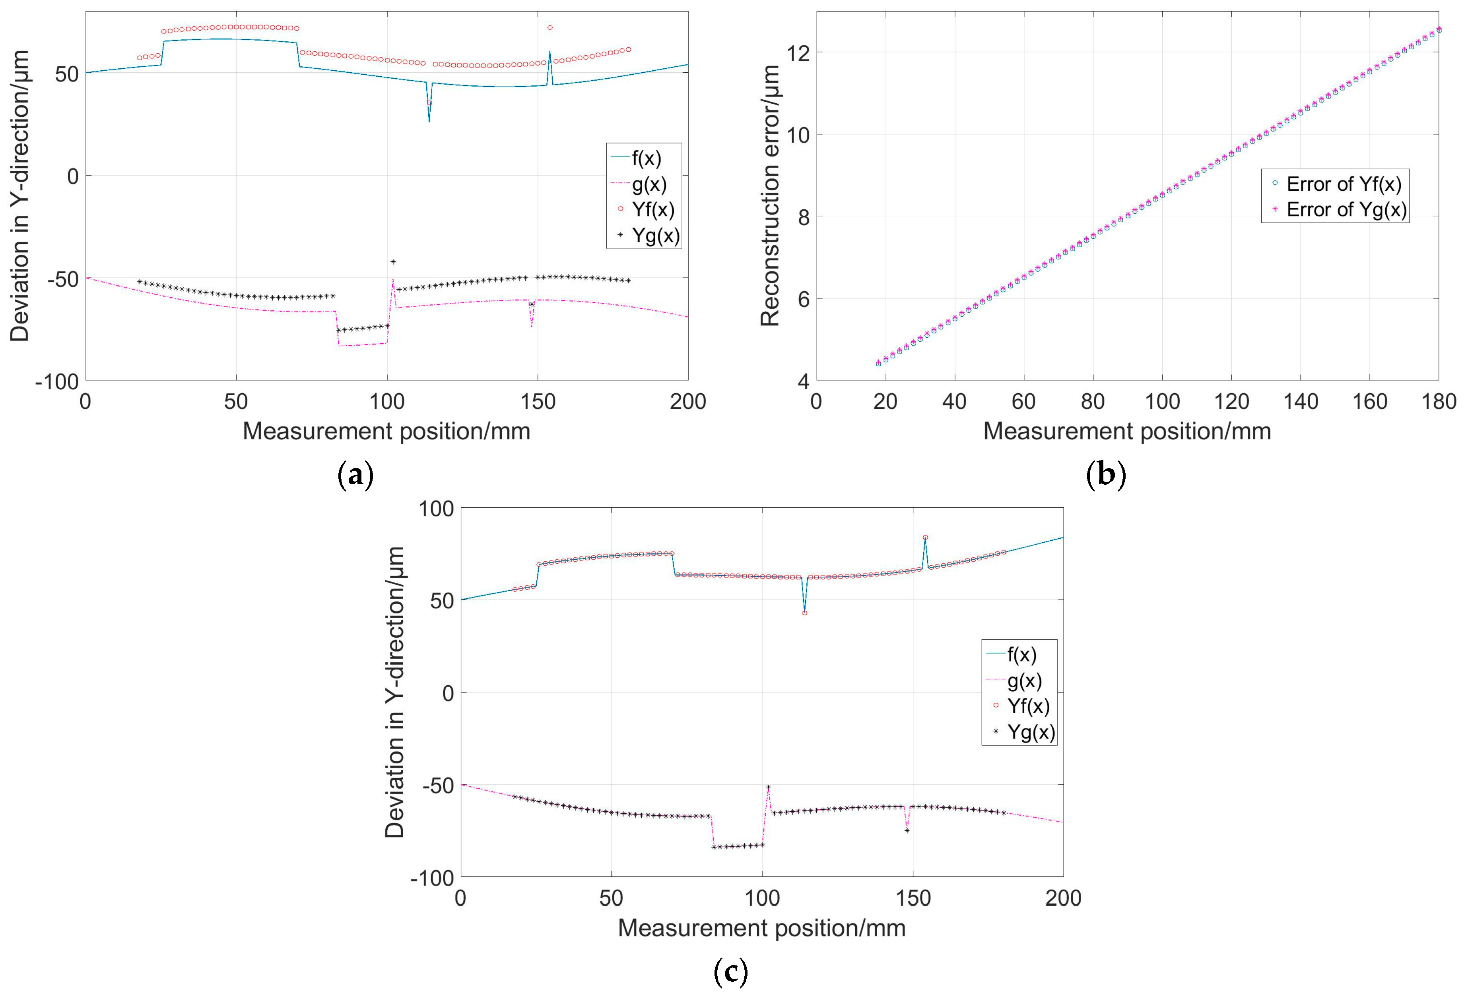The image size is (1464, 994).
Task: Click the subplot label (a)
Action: click(x=356, y=475)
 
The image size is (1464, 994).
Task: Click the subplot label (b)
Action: click(x=1106, y=475)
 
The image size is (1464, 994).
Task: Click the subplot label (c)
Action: click(x=731, y=972)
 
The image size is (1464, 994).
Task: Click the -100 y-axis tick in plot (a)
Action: click(x=57, y=381)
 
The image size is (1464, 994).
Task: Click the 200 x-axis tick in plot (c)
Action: click(x=1063, y=898)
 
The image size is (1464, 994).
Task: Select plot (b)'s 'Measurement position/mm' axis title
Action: click(x=1126, y=431)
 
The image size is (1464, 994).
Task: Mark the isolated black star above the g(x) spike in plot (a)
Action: click(x=393, y=262)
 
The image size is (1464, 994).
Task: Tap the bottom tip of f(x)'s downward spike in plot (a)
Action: click(x=429, y=121)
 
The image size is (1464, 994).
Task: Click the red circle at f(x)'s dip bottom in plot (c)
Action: click(x=804, y=613)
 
